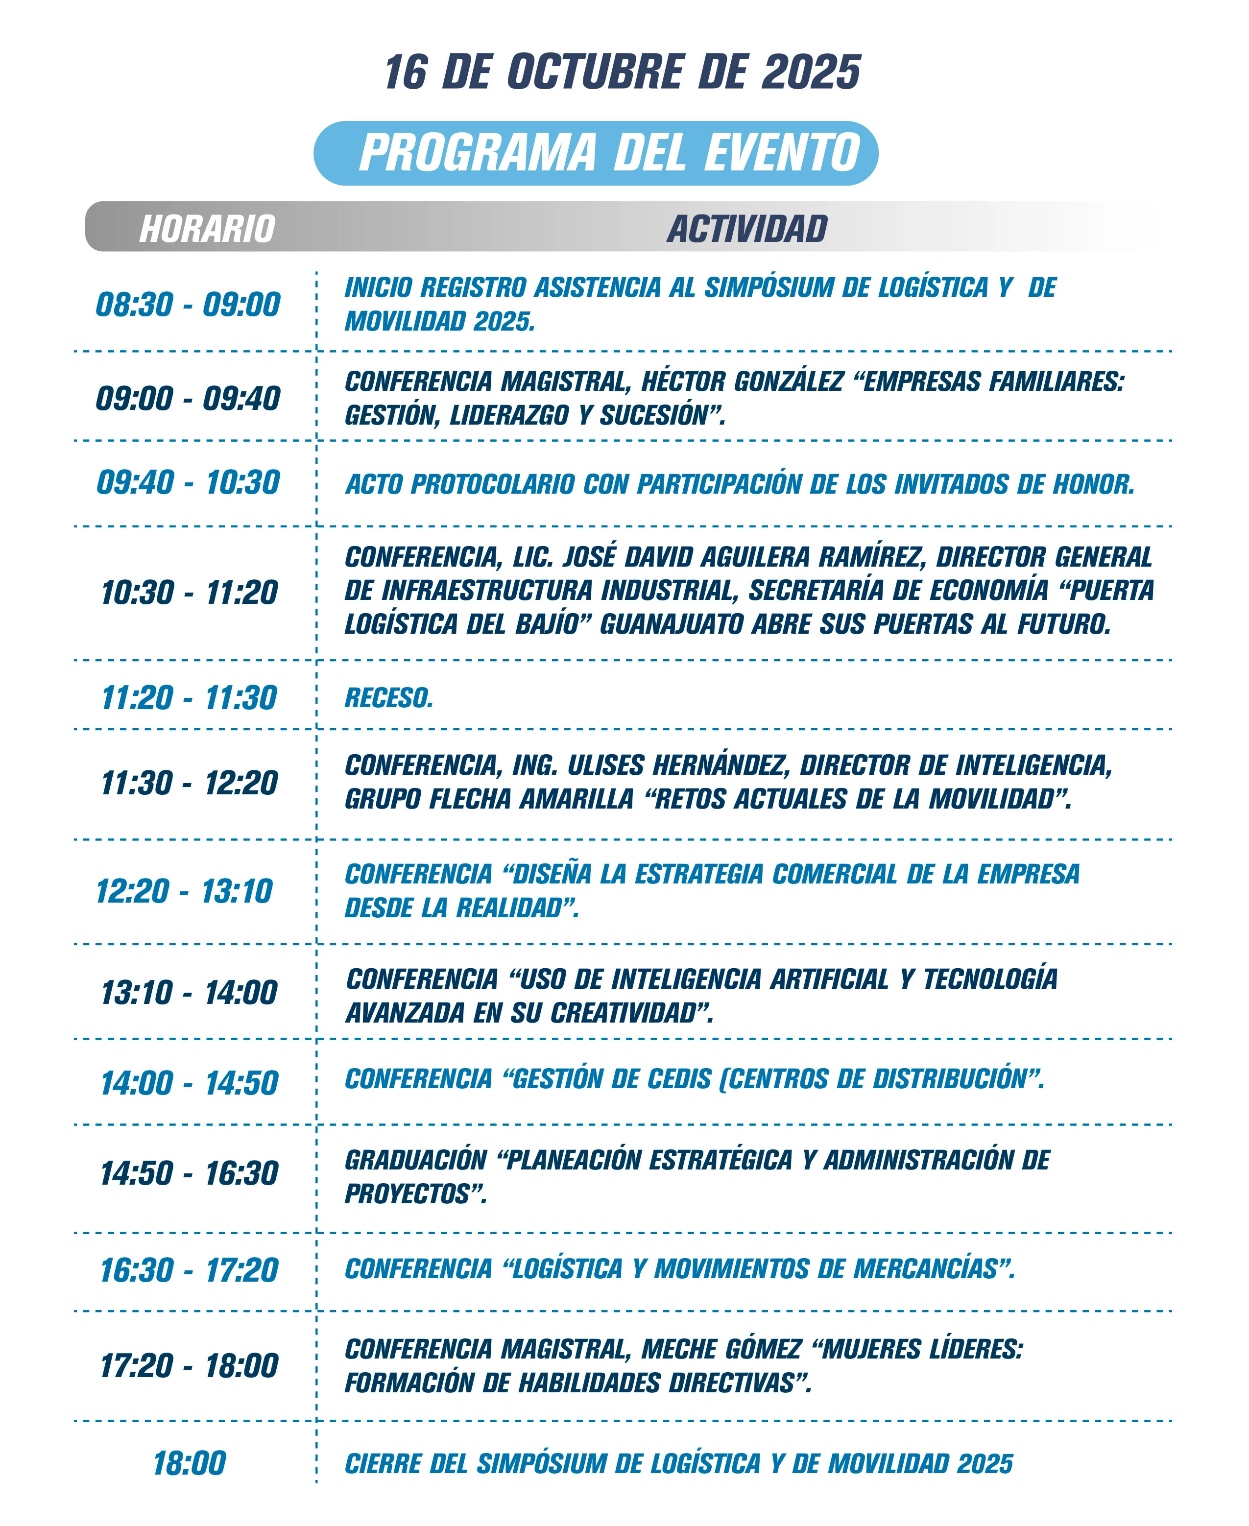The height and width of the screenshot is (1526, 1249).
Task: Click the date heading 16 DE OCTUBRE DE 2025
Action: click(x=623, y=72)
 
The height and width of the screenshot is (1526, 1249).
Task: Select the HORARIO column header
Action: click(x=207, y=229)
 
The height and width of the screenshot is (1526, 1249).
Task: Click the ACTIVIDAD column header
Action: click(x=747, y=229)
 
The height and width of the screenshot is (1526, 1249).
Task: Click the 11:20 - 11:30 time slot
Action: click(x=189, y=698)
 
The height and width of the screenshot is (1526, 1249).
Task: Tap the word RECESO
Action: click(x=388, y=698)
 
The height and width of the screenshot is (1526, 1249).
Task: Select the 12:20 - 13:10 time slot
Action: click(x=184, y=891)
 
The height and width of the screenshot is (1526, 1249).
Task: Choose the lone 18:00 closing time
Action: click(x=189, y=1463)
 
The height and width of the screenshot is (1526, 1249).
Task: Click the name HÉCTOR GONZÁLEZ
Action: click(x=742, y=381)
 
